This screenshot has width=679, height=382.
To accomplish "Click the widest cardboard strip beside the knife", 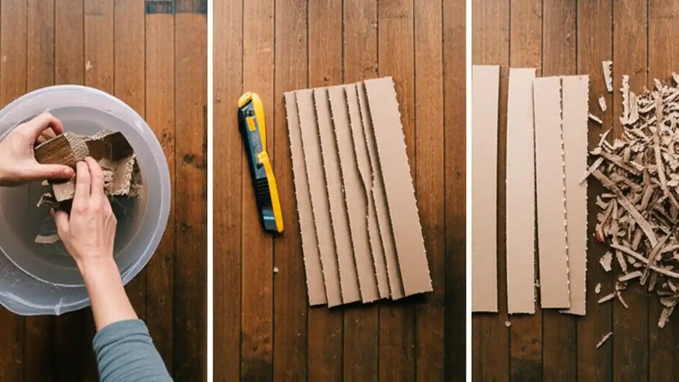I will (398, 186).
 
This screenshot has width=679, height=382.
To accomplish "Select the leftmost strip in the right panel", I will (485, 188).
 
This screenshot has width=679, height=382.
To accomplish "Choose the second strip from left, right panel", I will (521, 191).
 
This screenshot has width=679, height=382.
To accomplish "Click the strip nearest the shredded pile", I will (576, 194).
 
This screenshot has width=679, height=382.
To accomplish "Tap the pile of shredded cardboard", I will (637, 196).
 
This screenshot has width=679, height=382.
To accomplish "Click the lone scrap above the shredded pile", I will (607, 74).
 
